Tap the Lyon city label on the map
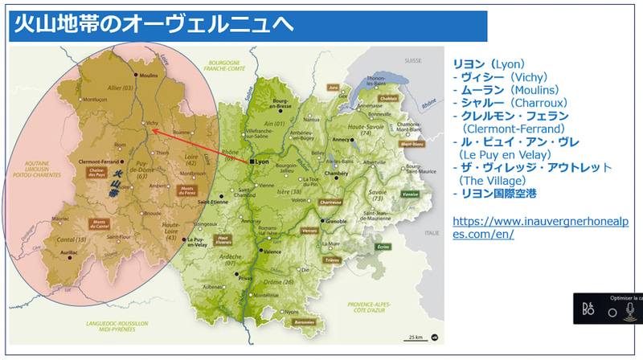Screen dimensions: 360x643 coord(262,162)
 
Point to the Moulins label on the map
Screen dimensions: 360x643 coord(149,76)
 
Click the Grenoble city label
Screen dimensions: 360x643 coord(336,221)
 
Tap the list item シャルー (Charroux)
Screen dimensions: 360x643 coord(510,103)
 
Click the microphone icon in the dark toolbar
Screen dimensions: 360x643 coord(629,309)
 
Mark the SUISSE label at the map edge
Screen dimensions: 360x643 coord(413,60)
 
